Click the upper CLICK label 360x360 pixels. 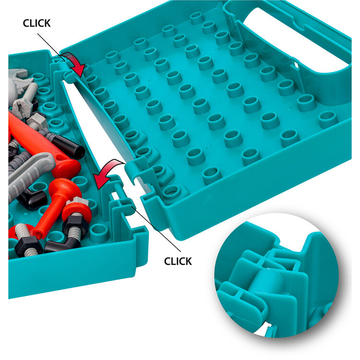37,23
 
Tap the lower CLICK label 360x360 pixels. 178,261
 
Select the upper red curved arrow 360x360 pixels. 74,63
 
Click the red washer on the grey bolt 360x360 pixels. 77,212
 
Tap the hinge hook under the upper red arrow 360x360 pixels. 68,76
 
